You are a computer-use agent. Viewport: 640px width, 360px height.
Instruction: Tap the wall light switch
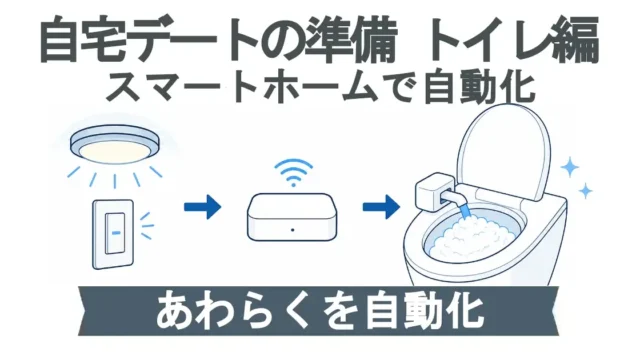(x=113, y=233)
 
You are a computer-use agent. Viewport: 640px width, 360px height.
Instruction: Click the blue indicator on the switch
(x=116, y=233)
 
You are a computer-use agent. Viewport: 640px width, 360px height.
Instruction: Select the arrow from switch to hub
(x=202, y=207)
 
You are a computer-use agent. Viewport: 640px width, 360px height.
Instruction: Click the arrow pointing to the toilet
(x=381, y=207)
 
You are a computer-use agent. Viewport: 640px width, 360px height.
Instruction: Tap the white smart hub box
(x=292, y=217)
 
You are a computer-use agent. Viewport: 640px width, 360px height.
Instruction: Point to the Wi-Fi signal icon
(x=293, y=172)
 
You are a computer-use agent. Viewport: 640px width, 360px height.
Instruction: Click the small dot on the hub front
(x=293, y=230)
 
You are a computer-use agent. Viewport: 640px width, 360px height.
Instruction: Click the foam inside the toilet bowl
(x=470, y=238)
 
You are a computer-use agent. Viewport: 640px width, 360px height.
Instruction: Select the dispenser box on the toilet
(x=434, y=191)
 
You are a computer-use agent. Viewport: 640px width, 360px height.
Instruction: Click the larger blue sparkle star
(x=569, y=167)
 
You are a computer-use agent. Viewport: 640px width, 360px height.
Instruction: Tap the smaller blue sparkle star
(x=586, y=191)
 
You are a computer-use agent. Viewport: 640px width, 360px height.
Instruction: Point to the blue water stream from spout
(x=463, y=212)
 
